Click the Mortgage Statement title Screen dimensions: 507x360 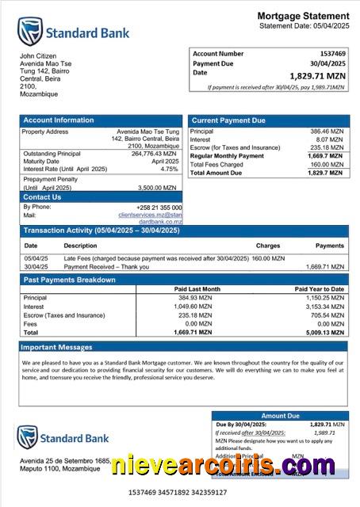click(x=301, y=17)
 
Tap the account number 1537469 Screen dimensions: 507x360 click(x=329, y=53)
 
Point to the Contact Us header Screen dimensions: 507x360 click(x=42, y=197)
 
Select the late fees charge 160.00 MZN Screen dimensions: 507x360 click(x=270, y=258)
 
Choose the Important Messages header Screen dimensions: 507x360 click(x=56, y=348)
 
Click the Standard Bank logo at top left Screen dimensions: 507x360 click(x=73, y=32)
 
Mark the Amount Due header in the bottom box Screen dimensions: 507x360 click(x=280, y=415)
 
